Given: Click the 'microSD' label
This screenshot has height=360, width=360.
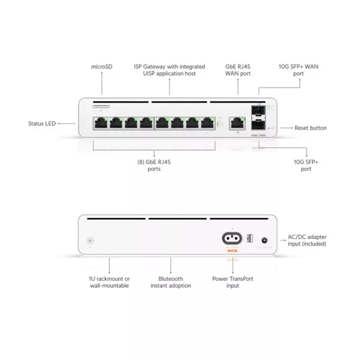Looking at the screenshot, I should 101,66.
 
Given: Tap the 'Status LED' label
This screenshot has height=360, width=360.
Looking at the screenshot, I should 42,124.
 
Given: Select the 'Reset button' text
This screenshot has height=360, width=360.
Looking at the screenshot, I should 311,128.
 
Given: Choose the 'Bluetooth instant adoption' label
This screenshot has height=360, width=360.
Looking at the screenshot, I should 170,282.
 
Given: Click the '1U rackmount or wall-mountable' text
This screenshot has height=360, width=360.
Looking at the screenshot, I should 110,282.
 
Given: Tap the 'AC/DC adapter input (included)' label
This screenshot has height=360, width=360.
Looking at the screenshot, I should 307,241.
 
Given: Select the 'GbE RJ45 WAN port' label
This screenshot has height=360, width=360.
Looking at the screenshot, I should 238,70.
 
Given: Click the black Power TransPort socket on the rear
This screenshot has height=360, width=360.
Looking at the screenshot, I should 231,238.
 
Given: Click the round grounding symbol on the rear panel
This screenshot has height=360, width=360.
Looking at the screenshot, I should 92,239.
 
